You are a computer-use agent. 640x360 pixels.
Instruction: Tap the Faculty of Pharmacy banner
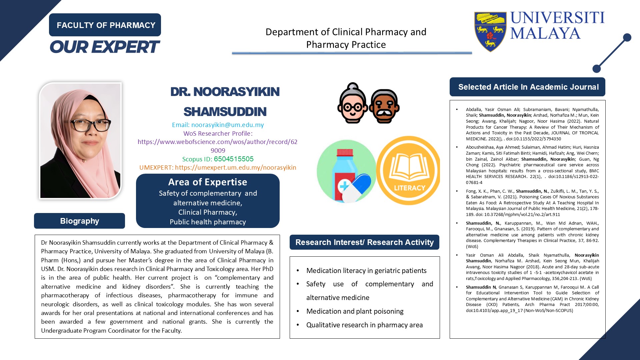click(x=105, y=25)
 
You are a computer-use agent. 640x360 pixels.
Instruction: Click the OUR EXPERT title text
click(x=105, y=47)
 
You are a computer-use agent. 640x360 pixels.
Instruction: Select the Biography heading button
click(x=79, y=221)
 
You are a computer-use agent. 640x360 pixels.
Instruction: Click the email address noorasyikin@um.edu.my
click(x=228, y=125)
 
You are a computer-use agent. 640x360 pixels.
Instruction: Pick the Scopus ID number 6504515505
click(x=234, y=159)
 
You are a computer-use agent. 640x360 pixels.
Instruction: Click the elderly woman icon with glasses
click(x=352, y=103)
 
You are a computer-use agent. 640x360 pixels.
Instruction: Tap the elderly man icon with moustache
click(x=384, y=106)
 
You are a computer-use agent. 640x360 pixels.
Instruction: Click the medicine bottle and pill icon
click(x=346, y=172)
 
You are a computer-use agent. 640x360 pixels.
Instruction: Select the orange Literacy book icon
click(x=408, y=170)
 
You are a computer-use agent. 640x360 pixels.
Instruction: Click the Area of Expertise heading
click(x=208, y=182)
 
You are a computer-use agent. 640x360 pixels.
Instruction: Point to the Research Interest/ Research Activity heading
click(x=364, y=242)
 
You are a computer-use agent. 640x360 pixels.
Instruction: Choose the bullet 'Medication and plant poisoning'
click(x=355, y=311)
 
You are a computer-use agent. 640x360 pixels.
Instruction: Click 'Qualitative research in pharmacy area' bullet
click(x=364, y=325)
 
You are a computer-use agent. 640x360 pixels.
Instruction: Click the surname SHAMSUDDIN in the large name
click(x=225, y=112)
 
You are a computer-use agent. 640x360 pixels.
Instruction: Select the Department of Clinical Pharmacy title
click(x=346, y=38)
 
